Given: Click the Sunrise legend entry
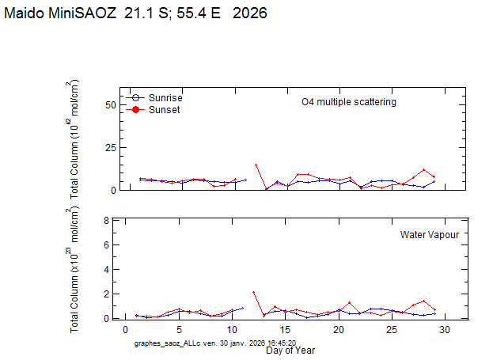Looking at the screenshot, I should tap(165, 97).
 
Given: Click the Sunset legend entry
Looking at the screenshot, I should tap(164, 109).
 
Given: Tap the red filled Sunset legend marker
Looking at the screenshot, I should tap(136, 109).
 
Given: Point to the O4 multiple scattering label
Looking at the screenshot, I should tap(348, 102).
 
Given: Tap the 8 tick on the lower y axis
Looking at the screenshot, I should tap(107, 221).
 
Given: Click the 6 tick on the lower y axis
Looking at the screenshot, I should tap(107, 245).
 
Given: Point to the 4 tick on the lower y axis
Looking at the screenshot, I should tap(107, 270).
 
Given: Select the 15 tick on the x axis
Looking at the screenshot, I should tap(285, 329).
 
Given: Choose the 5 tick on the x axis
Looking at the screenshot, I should tap(179, 329).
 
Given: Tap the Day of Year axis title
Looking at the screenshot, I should tap(290, 350).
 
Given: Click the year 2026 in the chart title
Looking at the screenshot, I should tap(249, 13).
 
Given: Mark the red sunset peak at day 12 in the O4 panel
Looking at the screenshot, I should tap(256, 165).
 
